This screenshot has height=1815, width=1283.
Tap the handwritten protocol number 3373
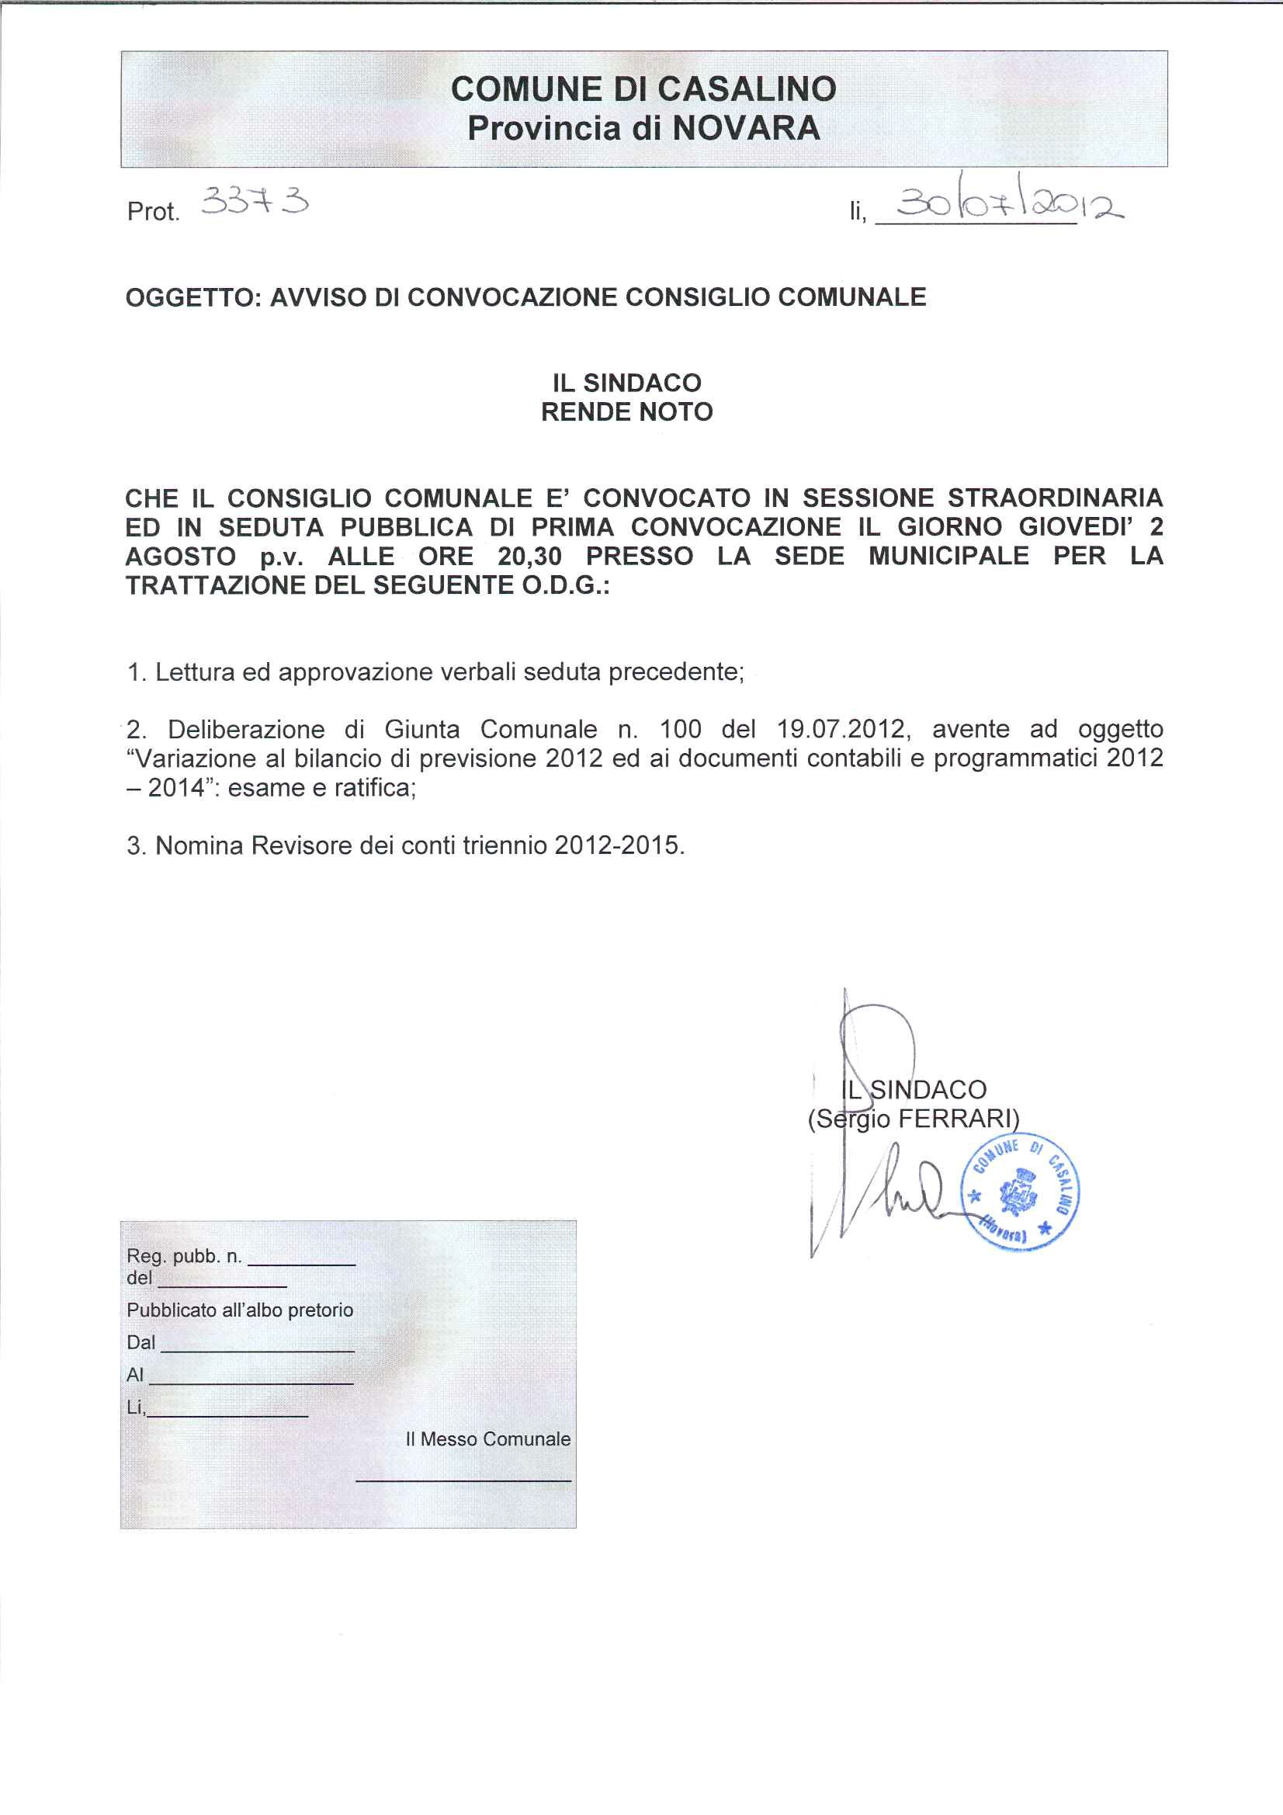coord(255,204)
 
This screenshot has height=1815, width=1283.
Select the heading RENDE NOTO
coord(627,412)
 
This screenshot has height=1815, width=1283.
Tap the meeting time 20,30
coord(529,557)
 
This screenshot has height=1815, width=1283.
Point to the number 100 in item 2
coord(681,729)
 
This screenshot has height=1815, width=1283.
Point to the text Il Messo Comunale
coord(487,1438)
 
